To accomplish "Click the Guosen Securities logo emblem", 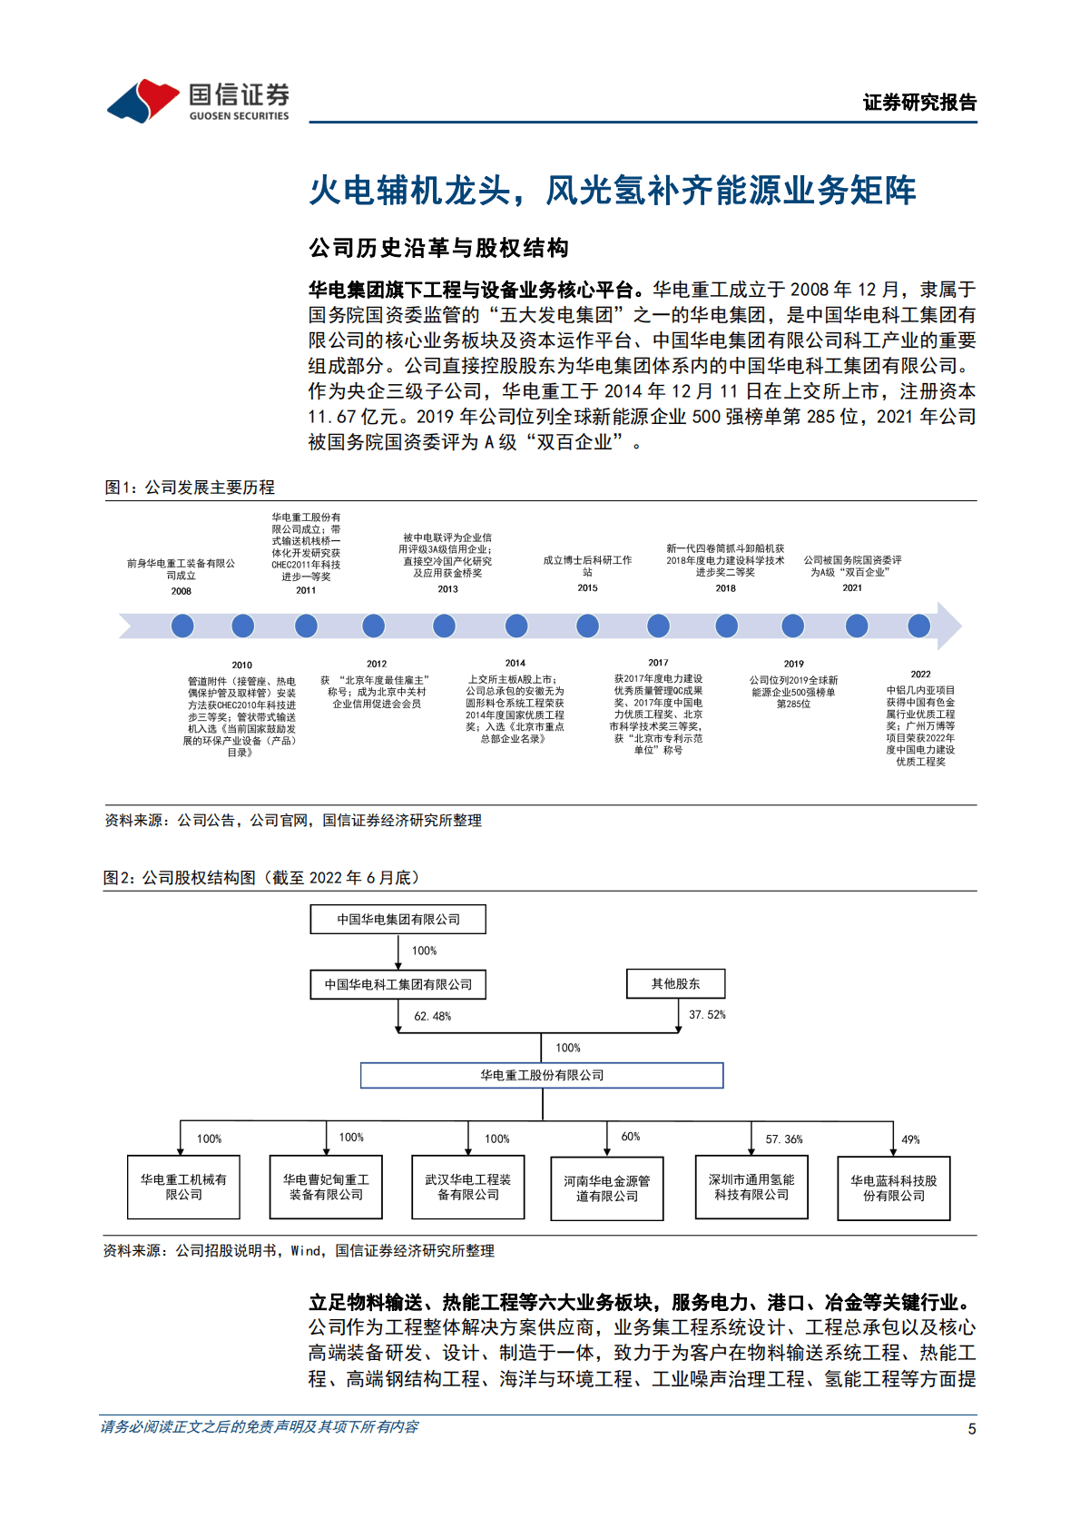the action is pyautogui.click(x=143, y=100).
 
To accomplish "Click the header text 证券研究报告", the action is pyautogui.click(x=918, y=103).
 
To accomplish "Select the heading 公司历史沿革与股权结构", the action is pyautogui.click(x=438, y=248).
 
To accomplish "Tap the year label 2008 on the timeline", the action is pyautogui.click(x=182, y=591).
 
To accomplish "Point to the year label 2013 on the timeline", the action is pyautogui.click(x=447, y=589).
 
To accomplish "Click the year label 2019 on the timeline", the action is pyautogui.click(x=793, y=664).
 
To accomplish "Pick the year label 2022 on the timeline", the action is pyautogui.click(x=920, y=675).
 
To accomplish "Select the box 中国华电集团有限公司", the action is pyautogui.click(x=398, y=919).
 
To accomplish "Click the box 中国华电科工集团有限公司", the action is pyautogui.click(x=398, y=984).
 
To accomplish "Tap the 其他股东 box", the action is pyautogui.click(x=675, y=983).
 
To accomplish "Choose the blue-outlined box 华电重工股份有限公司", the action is pyautogui.click(x=542, y=1075).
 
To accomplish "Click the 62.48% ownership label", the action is pyautogui.click(x=432, y=1016).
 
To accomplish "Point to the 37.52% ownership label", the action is pyautogui.click(x=707, y=1015).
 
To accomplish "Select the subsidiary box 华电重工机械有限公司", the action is pyautogui.click(x=183, y=1187).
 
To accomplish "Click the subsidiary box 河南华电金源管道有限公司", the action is pyautogui.click(x=607, y=1188).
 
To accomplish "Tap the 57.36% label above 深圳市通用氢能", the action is pyautogui.click(x=783, y=1139).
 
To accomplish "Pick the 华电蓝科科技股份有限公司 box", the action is pyautogui.click(x=893, y=1188).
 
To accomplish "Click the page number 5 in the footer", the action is pyautogui.click(x=971, y=1429).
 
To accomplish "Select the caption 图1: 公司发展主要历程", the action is pyautogui.click(x=190, y=488).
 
